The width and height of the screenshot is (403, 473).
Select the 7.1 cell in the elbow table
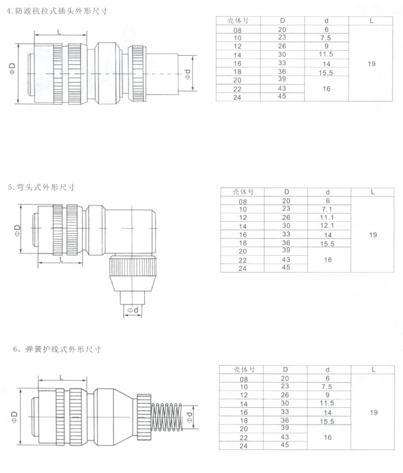[328, 209]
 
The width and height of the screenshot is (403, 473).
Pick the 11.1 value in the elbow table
[328, 217]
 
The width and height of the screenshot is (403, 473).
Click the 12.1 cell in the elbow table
[328, 226]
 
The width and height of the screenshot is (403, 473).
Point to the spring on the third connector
[168, 416]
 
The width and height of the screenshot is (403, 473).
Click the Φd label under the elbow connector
[132, 311]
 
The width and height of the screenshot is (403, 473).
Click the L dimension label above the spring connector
[61, 377]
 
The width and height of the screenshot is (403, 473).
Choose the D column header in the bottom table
[285, 369]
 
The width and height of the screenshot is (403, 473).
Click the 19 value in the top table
[371, 64]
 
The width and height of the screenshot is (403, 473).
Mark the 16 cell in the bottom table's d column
[327, 438]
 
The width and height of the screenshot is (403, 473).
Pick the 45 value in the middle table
[286, 268]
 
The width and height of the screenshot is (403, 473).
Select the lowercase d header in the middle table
[328, 192]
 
